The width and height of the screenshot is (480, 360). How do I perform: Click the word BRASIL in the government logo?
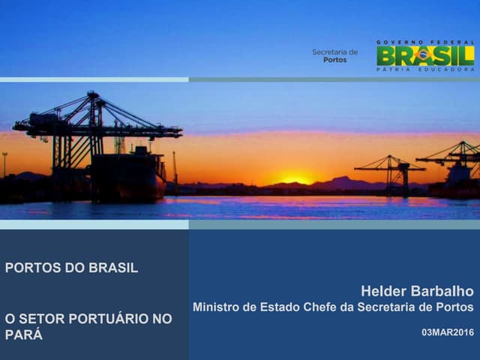point(425,55)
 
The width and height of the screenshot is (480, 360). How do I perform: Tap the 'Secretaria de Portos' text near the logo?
point(334,55)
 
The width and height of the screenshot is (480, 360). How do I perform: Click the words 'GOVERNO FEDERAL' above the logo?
point(425,42)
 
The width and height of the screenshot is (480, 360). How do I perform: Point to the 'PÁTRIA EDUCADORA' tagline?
point(425,69)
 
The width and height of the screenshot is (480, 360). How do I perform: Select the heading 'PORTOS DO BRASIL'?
point(71,268)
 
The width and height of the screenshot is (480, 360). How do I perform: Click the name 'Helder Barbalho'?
point(417,291)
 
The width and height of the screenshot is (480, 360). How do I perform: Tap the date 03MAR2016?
point(448,331)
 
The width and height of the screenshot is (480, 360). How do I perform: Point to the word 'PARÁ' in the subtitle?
point(24,335)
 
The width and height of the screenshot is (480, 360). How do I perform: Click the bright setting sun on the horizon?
point(296,180)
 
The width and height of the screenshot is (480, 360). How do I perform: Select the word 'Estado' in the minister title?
point(268,307)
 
